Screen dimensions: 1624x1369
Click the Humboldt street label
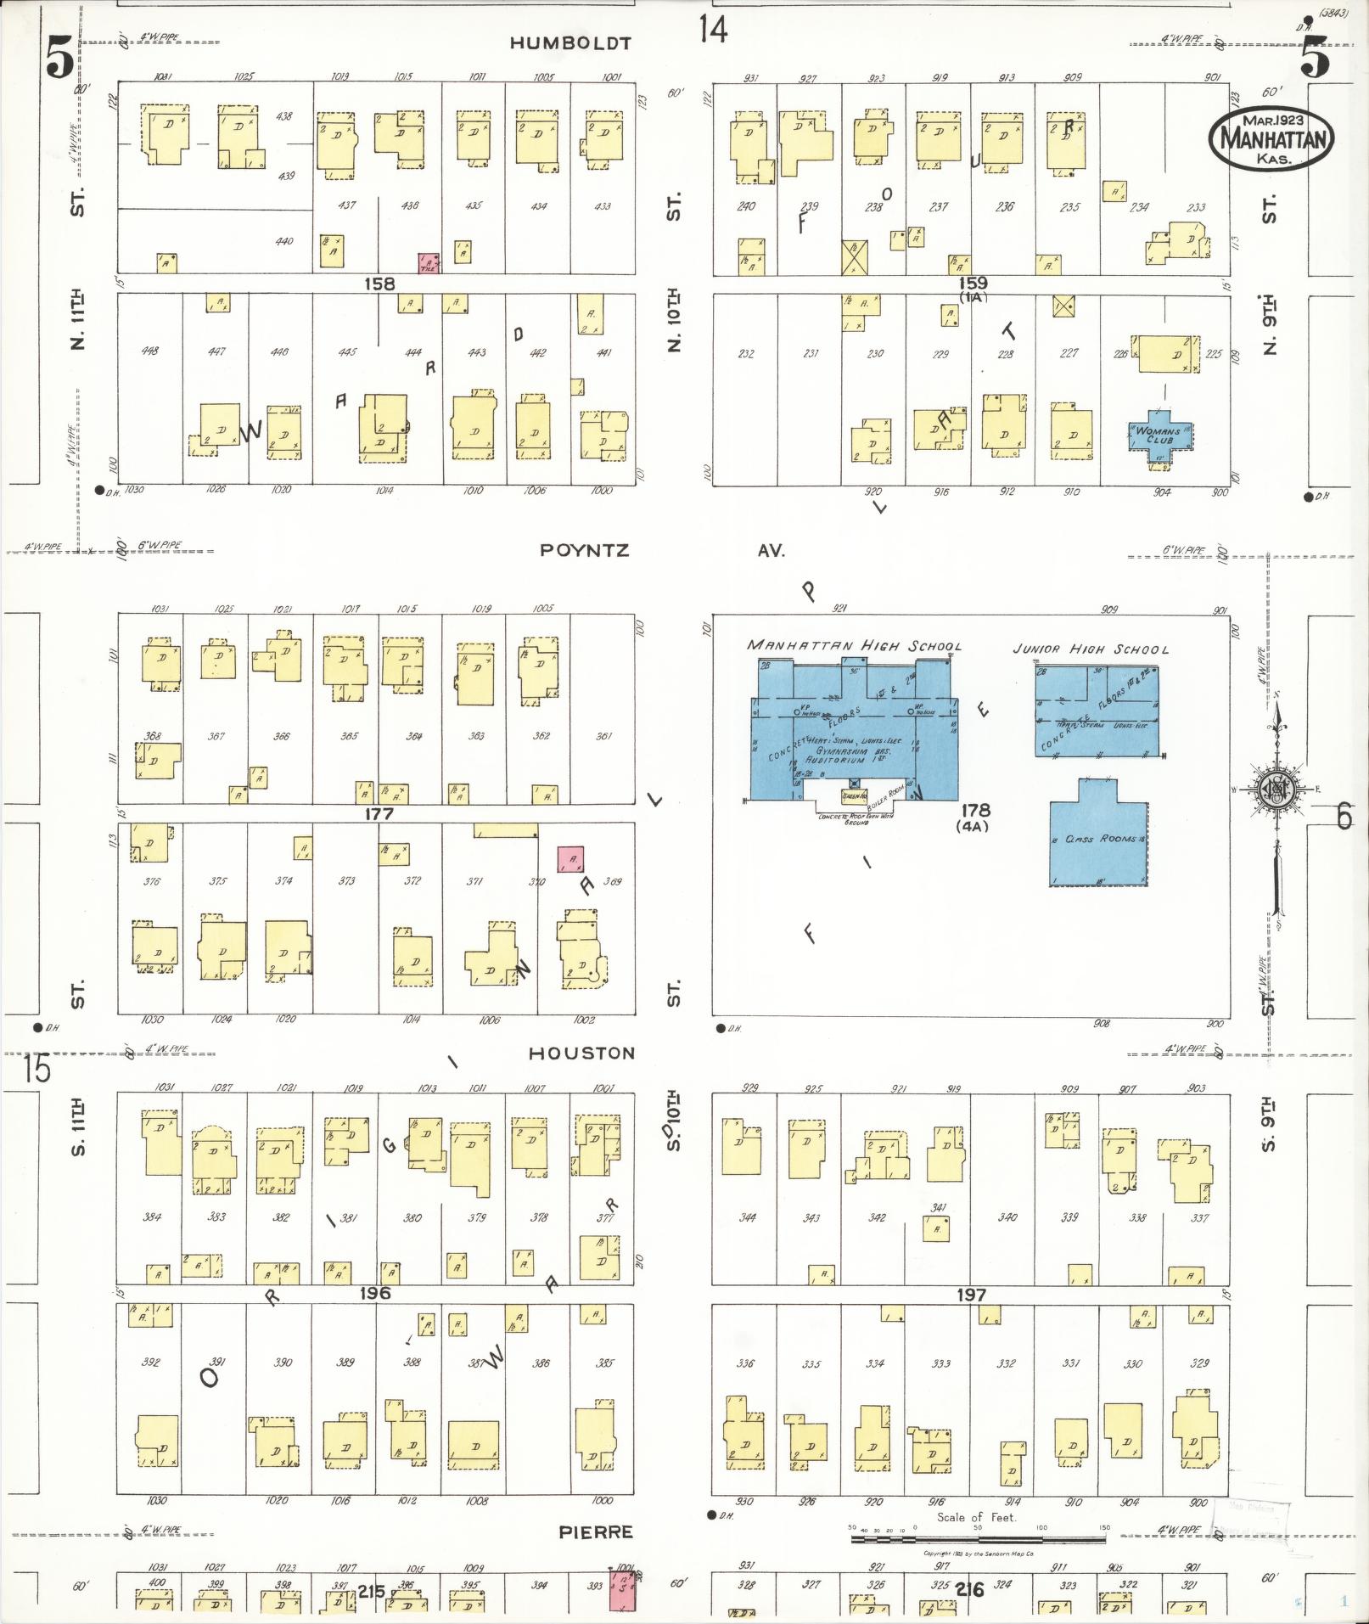570,43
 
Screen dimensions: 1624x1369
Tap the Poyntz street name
585,550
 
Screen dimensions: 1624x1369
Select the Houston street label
581,1053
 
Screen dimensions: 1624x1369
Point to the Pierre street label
595,1531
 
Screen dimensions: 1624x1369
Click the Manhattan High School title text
854,646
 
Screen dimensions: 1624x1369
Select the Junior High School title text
1090,649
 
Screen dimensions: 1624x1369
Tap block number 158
379,284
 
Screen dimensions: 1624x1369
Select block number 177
378,813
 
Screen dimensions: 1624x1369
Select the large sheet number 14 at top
713,31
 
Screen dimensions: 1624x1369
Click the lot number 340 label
1007,1217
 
